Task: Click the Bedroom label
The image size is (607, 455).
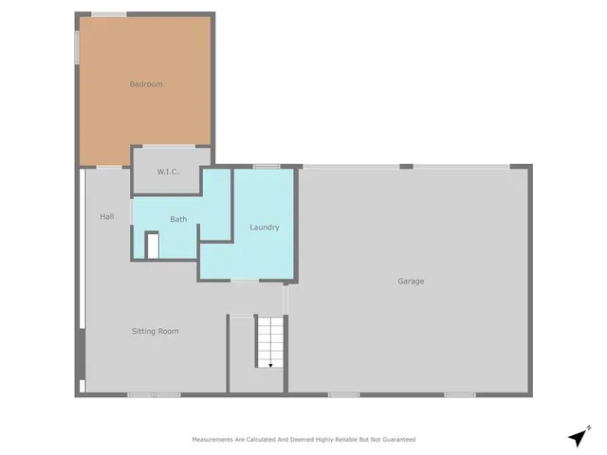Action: coord(145,84)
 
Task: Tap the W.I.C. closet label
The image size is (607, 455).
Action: coord(169,172)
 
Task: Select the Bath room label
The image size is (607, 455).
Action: coord(178,219)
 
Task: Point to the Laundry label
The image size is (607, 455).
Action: coord(264,227)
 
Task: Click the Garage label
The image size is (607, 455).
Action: coord(411,281)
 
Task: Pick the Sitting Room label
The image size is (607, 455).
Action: coord(155,331)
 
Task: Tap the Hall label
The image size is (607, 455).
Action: coord(107,217)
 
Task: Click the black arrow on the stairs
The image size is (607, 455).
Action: coord(270,364)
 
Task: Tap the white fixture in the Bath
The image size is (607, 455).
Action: coord(152,245)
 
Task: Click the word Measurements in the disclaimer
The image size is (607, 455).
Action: coord(215,440)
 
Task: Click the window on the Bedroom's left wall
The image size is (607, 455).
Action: coord(78,47)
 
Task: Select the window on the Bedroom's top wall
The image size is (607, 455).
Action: coord(109,13)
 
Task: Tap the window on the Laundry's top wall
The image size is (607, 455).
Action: coord(266,167)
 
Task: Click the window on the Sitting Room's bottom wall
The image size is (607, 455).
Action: coord(154,394)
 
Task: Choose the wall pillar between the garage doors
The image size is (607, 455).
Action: coord(406,167)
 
